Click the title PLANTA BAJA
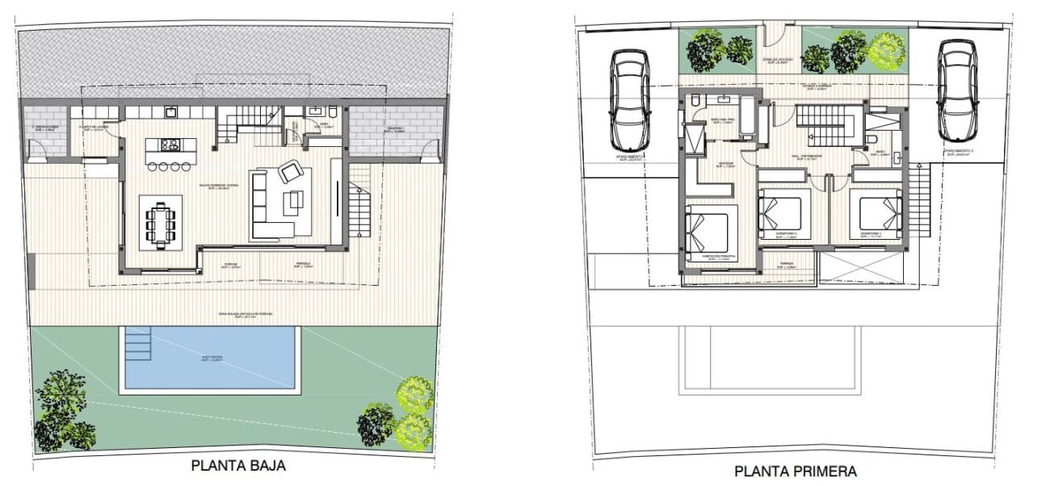click(x=238, y=466)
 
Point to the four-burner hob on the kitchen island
click(x=170, y=146)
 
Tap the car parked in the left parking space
click(x=630, y=94)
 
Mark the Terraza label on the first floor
click(x=788, y=263)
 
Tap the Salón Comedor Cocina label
click(x=222, y=186)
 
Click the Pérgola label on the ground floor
click(x=303, y=263)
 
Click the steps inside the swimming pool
click(x=138, y=347)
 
